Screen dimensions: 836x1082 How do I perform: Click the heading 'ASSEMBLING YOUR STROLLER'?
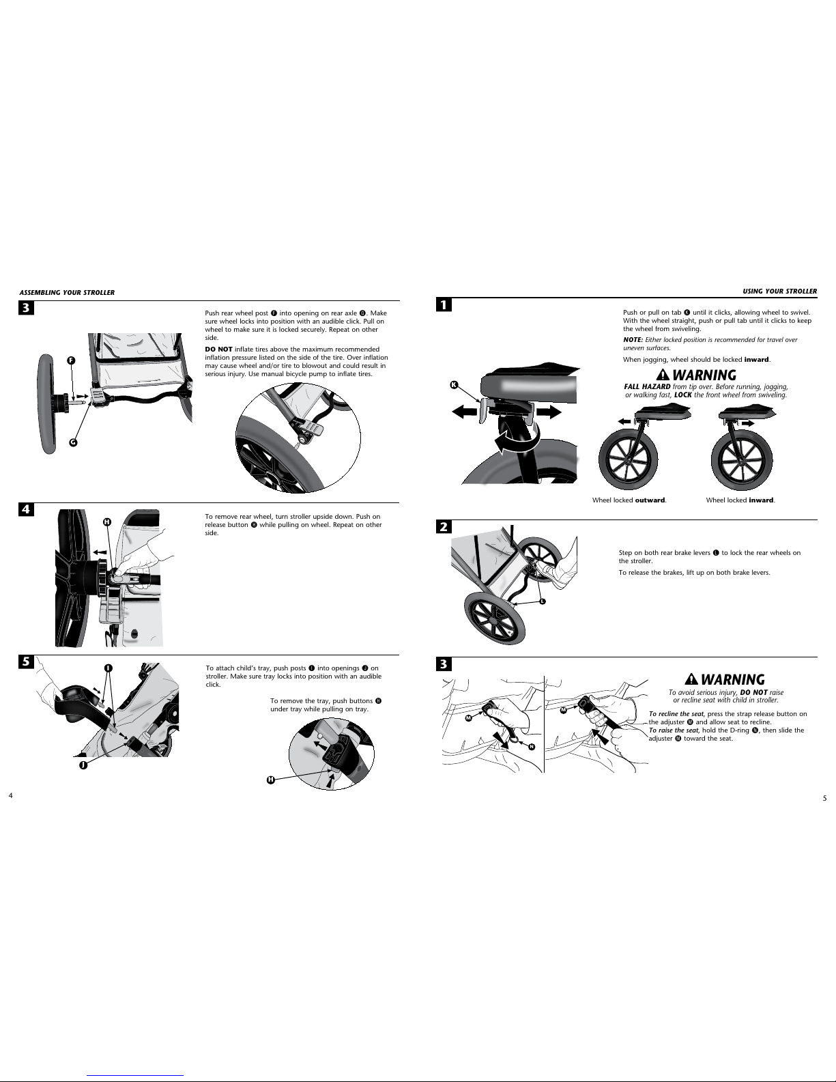pos(67,292)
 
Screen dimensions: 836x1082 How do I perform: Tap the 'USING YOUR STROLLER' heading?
pos(780,291)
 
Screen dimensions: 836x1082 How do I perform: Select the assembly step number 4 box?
pos(27,509)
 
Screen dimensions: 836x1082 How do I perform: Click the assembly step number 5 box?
pos(27,661)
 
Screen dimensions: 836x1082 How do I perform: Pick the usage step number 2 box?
pos(444,526)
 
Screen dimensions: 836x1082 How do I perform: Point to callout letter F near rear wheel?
pos(71,360)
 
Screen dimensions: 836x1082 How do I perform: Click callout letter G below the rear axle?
pos(73,442)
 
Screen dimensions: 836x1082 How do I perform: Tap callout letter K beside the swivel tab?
pos(454,384)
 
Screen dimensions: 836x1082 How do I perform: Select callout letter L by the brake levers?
pos(543,601)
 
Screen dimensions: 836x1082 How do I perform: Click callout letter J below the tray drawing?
pos(83,765)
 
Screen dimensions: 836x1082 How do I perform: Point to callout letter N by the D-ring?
pos(532,746)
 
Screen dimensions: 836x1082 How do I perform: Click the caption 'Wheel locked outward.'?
pos(629,500)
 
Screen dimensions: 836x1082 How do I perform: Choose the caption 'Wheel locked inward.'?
pos(740,500)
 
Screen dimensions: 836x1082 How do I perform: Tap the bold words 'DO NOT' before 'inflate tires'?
pos(218,349)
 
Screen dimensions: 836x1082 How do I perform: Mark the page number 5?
pos(824,798)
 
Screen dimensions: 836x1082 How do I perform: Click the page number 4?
pos(10,795)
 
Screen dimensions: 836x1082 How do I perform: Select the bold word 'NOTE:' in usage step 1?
pos(633,339)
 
